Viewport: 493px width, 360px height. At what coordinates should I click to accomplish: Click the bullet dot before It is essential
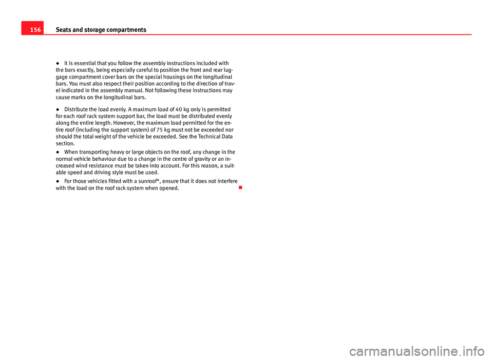(x=58, y=63)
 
